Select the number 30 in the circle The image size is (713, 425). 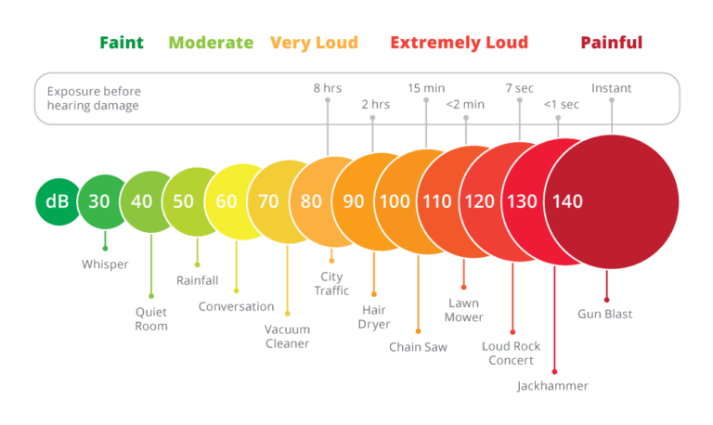point(99,201)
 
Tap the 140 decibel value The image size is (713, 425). point(567,201)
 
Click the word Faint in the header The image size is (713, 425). point(122,43)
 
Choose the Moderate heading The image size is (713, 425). point(210,43)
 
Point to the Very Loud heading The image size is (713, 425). point(314,43)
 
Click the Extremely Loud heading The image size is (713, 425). point(459,43)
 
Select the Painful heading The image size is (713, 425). point(611,43)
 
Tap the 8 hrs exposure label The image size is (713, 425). point(327,88)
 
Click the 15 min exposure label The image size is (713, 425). point(425,88)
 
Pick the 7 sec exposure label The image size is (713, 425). point(519,88)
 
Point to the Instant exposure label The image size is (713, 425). point(612,88)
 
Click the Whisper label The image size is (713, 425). point(105,264)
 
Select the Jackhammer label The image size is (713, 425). point(553,385)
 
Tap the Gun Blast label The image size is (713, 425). point(605,314)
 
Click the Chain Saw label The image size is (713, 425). point(418,348)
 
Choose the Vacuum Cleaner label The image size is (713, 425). point(286,336)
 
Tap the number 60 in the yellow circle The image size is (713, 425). point(227,201)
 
